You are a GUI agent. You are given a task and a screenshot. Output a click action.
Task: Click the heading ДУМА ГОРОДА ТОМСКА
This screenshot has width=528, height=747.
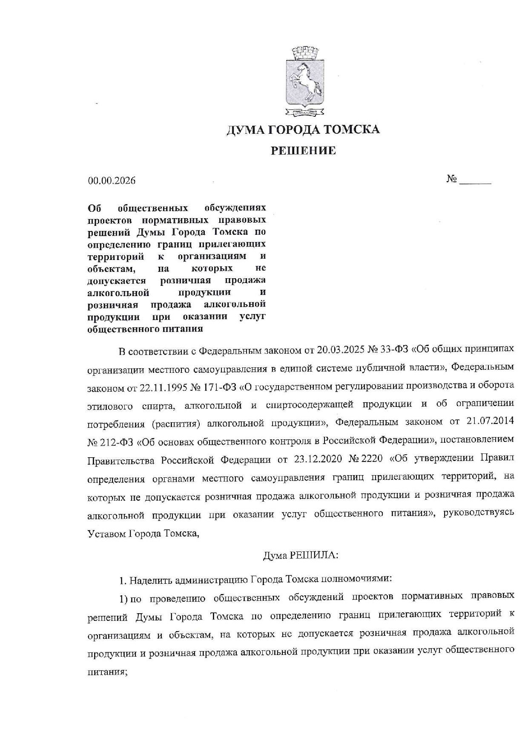pos(303,130)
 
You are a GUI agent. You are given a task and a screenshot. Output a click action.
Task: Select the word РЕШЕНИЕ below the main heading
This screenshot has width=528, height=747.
pos(304,150)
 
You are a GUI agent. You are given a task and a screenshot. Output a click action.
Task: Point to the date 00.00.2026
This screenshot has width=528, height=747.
pos(112,181)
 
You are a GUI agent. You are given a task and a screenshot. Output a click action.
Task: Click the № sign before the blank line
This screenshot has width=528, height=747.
pos(451,179)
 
